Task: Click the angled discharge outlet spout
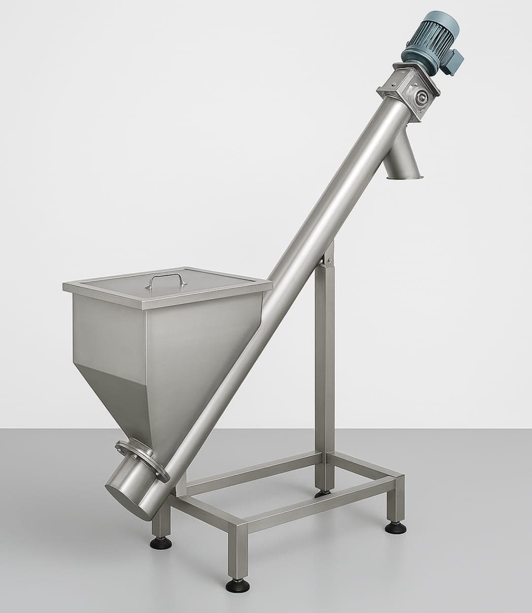point(404,165)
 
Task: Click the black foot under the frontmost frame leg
point(235,586)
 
